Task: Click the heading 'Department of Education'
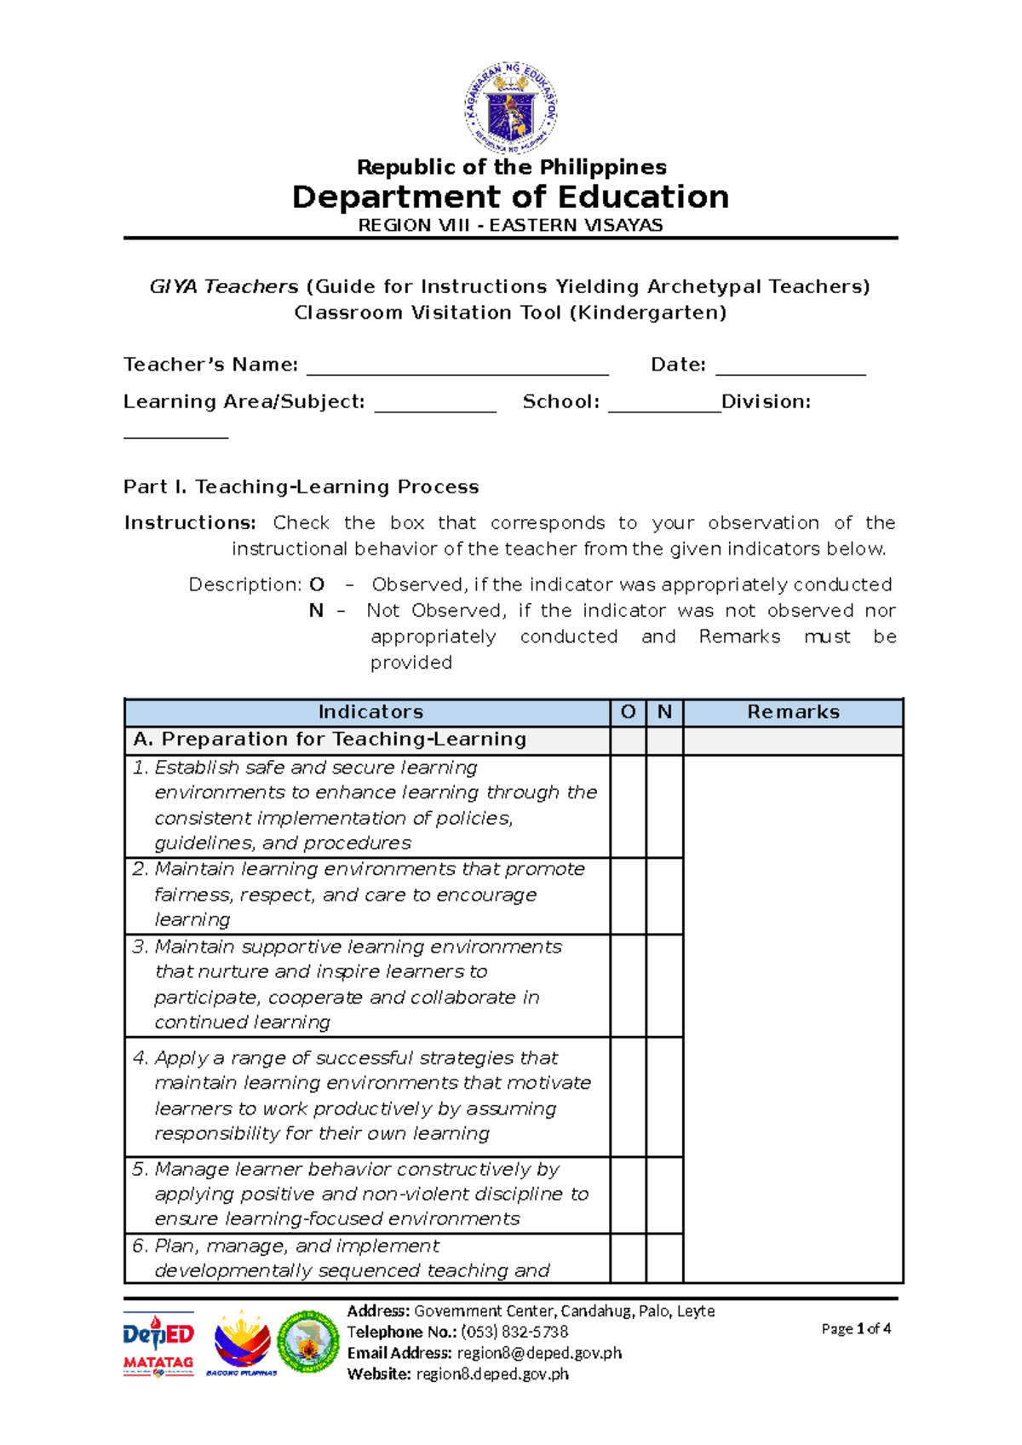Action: pos(510,197)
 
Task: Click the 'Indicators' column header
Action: pos(370,712)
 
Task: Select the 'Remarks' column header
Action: pos(793,712)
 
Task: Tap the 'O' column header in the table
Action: pos(628,712)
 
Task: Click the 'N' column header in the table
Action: pos(664,712)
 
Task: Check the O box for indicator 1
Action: pos(628,806)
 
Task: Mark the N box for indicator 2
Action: pos(664,895)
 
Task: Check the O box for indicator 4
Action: pos(628,1097)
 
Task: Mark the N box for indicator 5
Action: pos(664,1195)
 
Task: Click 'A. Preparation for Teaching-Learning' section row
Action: pos(330,740)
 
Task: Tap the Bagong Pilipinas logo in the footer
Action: pos(242,1344)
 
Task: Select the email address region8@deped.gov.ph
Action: pos(539,1353)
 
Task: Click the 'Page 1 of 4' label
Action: pos(856,1328)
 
